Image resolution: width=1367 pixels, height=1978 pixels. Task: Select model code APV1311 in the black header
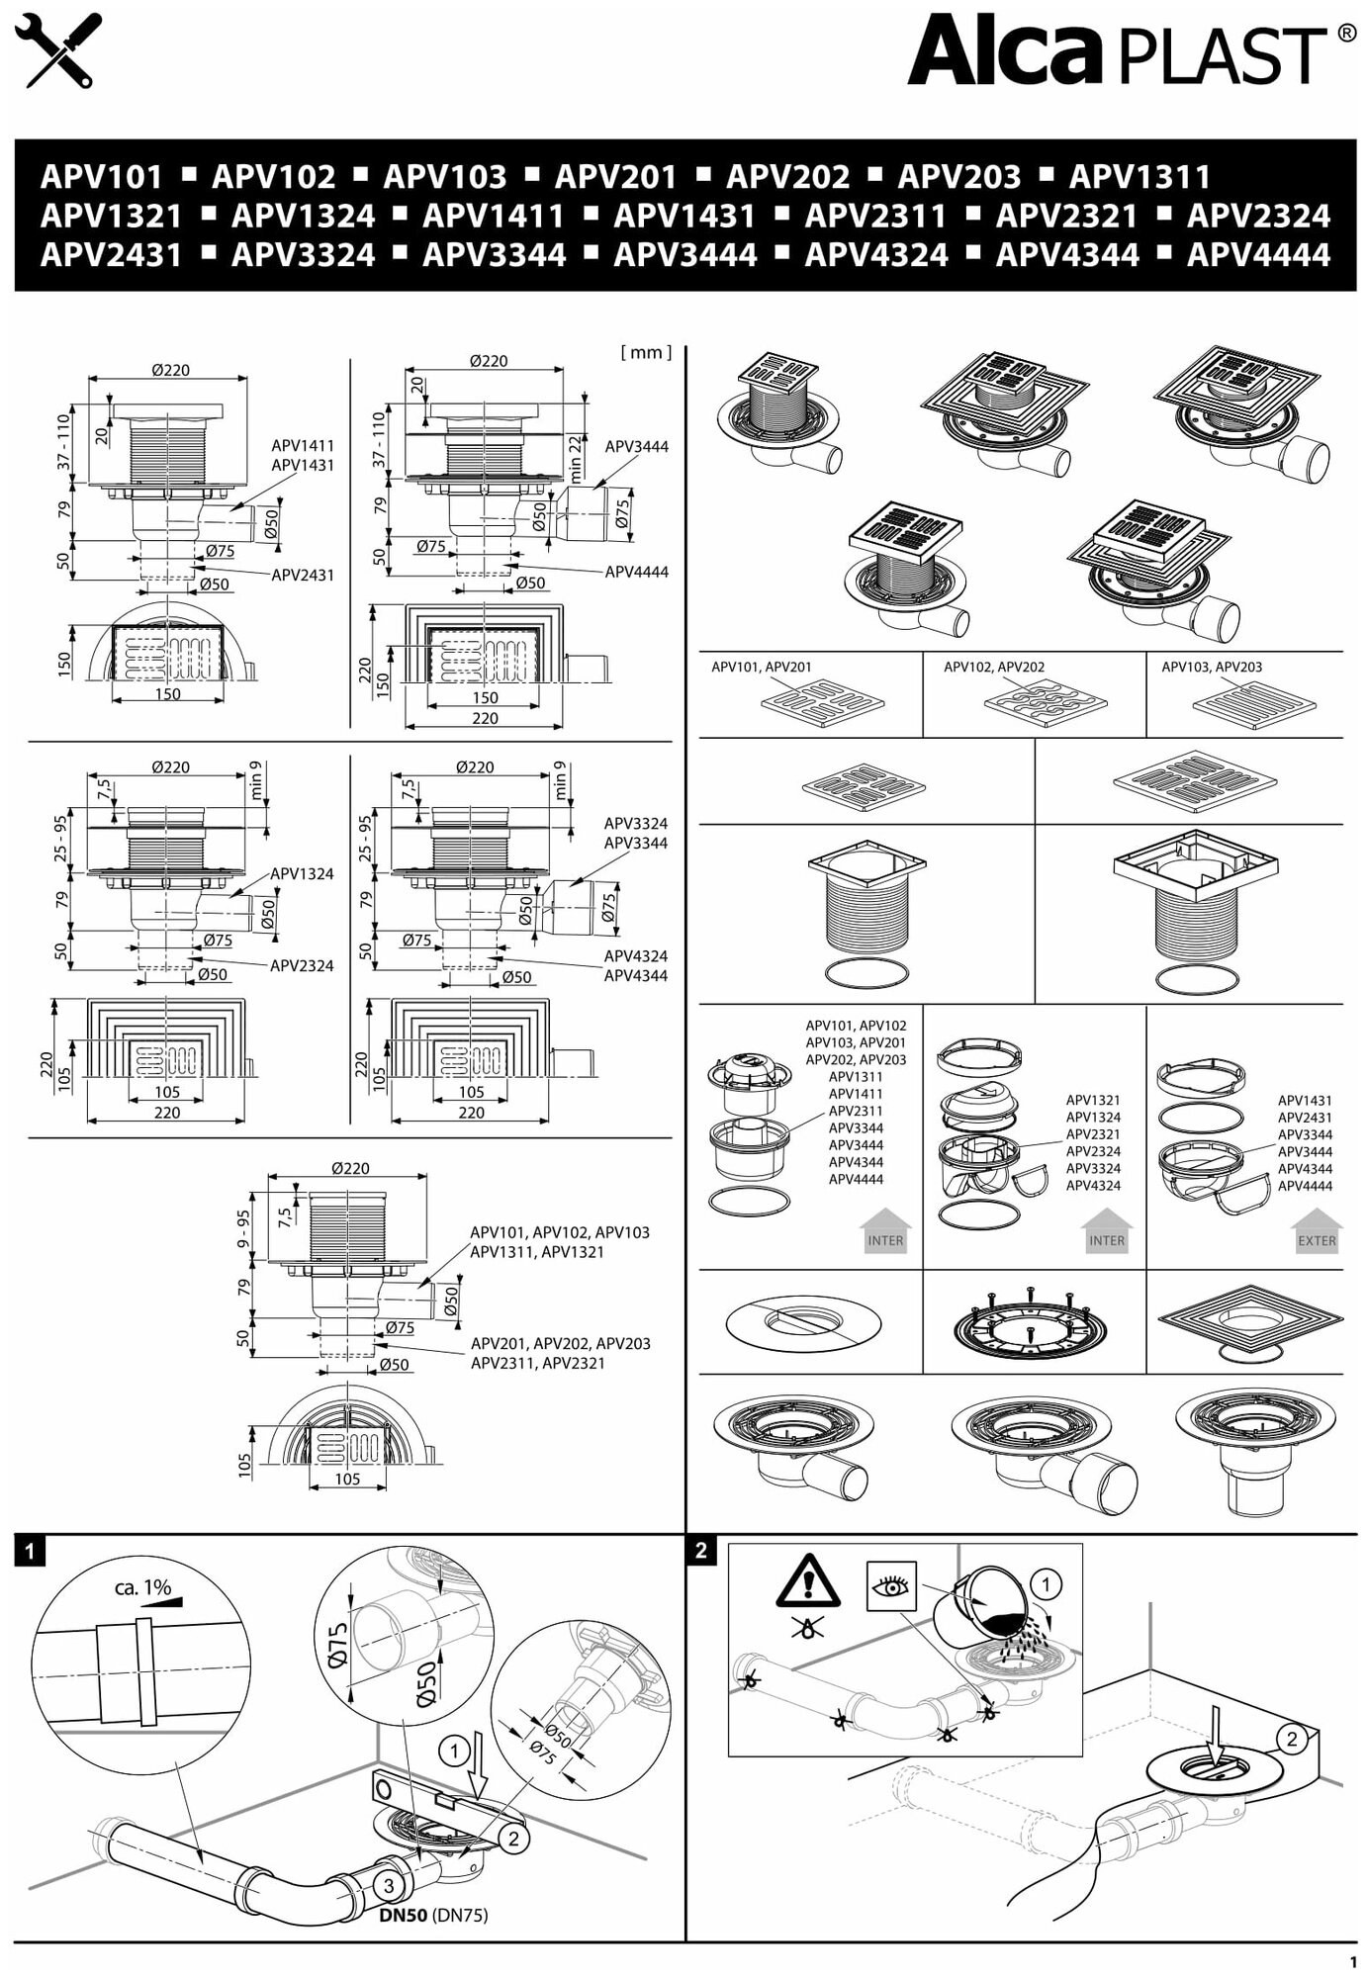[1139, 177]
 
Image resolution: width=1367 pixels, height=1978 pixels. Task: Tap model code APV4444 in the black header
[1258, 255]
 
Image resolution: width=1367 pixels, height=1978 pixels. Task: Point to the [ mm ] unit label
[646, 352]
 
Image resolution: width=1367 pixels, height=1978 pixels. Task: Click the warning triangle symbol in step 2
[808, 1581]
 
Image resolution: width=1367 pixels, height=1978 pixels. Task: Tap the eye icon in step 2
[891, 1586]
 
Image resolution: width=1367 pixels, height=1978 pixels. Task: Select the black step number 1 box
[31, 1551]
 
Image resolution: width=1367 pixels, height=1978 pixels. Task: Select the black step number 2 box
[701, 1550]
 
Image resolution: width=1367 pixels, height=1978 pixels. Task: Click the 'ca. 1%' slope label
[143, 1587]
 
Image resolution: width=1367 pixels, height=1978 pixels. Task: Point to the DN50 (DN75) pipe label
[433, 1915]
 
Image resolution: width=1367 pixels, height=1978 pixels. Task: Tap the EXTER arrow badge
[1316, 1234]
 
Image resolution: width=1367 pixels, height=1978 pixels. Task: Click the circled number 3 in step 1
[389, 1886]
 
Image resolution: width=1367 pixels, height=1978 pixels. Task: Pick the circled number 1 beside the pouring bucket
[1046, 1584]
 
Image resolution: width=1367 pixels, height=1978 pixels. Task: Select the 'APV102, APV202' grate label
[993, 667]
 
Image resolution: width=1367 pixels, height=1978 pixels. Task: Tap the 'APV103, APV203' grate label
[1212, 667]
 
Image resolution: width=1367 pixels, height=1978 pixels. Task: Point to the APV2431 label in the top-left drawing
[303, 575]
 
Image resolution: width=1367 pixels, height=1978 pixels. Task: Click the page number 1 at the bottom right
[1352, 1962]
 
